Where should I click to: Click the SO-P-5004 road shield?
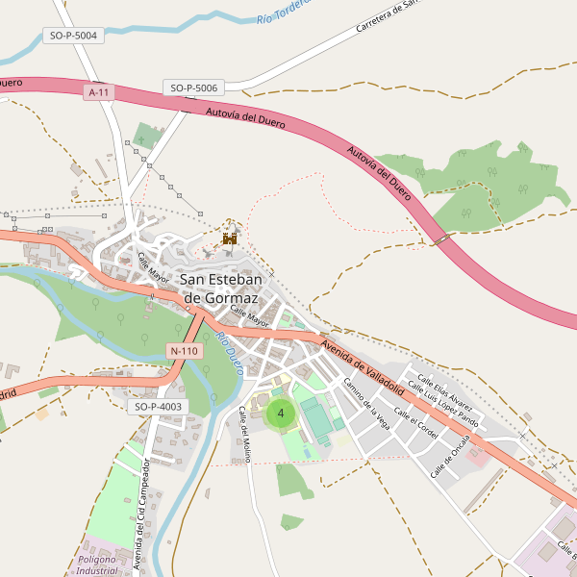(x=73, y=36)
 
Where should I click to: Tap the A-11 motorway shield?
(x=98, y=92)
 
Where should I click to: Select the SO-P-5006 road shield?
(x=194, y=88)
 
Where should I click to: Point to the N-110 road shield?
(x=183, y=351)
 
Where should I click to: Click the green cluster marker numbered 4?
(x=280, y=414)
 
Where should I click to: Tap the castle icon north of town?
(x=230, y=238)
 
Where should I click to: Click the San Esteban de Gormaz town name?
(x=231, y=288)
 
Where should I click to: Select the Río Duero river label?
(x=229, y=353)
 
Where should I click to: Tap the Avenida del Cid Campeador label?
(x=141, y=514)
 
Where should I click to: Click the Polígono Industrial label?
(x=97, y=564)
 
